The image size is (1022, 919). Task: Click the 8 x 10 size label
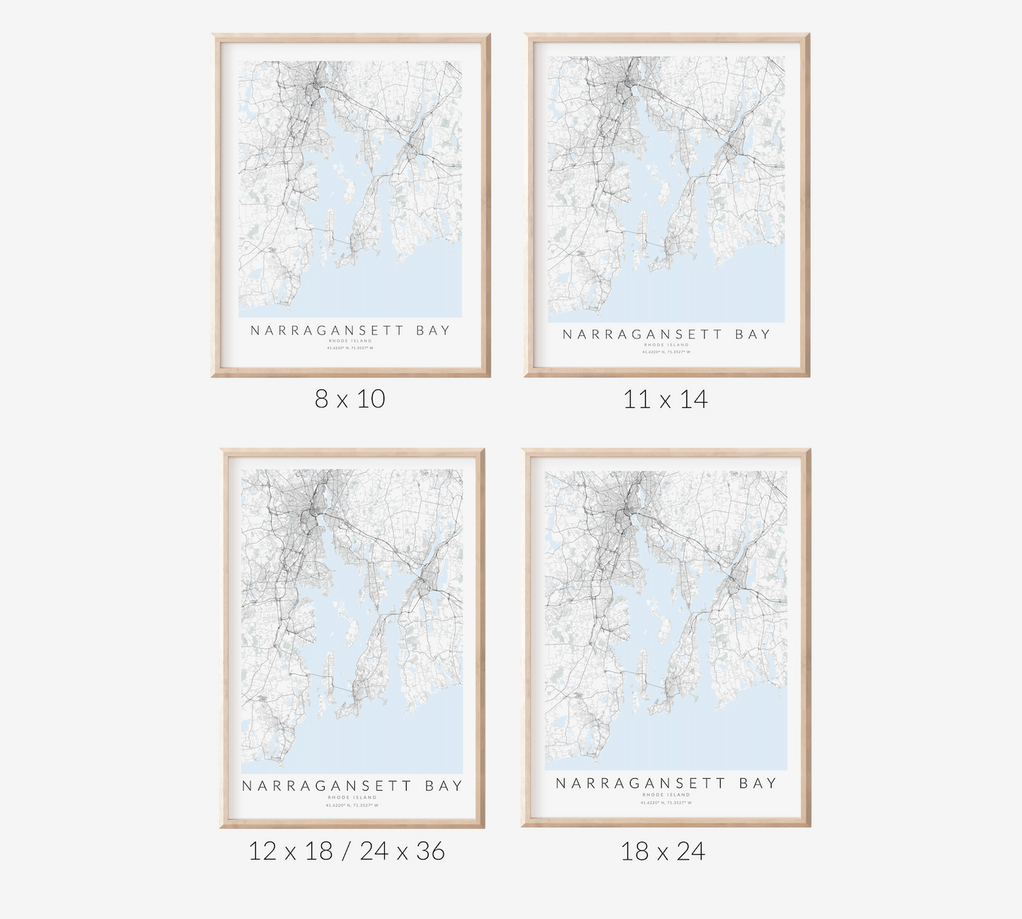coord(350,399)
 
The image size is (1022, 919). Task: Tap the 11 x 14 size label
coord(665,400)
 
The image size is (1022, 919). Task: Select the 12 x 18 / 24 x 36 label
coord(347,851)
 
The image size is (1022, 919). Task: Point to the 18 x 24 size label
coord(663,851)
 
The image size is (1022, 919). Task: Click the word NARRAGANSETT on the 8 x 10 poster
coord(327,330)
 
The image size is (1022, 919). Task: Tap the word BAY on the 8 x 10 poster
coord(433,330)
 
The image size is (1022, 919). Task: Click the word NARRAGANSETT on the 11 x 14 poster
coord(642,335)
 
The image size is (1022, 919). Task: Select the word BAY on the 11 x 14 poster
coord(753,335)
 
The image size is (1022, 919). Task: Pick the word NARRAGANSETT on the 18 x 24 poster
coord(641,783)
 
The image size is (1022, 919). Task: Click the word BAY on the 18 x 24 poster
coord(758,783)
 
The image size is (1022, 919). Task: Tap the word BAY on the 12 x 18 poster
coord(443,786)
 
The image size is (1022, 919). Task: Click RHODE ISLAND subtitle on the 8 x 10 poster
coord(350,341)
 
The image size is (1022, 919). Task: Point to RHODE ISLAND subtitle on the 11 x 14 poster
coord(666,345)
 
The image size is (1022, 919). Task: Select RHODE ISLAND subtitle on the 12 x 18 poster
coord(352,797)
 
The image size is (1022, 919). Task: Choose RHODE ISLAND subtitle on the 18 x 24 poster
coord(666,794)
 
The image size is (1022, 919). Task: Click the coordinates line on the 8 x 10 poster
coord(350,347)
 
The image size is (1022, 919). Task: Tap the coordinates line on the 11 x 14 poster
coord(666,352)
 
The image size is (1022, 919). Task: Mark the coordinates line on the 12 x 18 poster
coord(352,805)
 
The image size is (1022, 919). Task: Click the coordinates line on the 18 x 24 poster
coord(666,802)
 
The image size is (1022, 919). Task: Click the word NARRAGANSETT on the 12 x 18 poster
coord(327,786)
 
